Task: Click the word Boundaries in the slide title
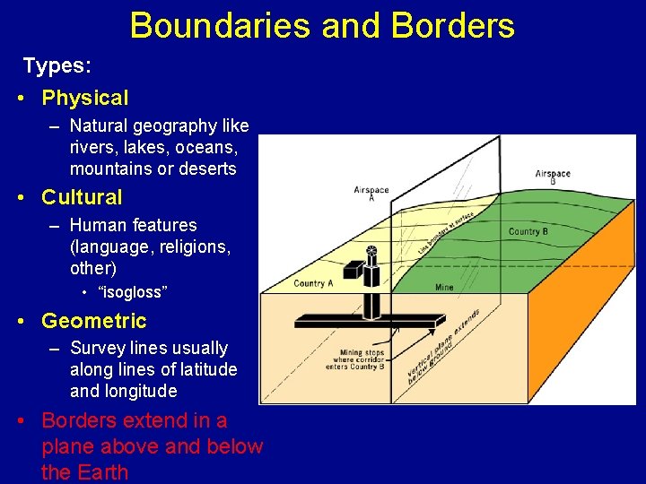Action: [221, 25]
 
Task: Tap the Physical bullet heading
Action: [85, 98]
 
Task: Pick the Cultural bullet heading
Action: [82, 197]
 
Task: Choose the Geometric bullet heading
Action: [94, 321]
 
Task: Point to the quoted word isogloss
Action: [132, 292]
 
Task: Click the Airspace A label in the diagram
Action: [371, 194]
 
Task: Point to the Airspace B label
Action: [553, 177]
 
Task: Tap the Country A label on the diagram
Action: [313, 284]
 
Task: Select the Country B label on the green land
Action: [528, 232]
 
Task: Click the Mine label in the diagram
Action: [444, 289]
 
